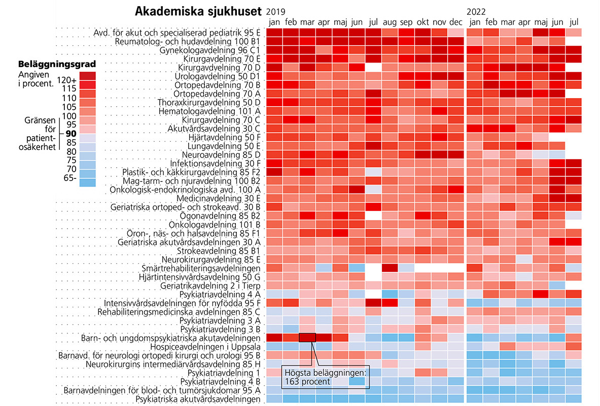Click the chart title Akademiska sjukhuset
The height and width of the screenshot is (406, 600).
point(199,11)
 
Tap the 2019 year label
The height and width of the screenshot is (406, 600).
point(276,11)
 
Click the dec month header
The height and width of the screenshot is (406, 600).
point(455,22)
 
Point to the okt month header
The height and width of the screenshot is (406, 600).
point(422,22)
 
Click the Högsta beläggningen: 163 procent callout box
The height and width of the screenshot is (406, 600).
point(326,377)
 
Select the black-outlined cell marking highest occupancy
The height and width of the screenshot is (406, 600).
point(307,337)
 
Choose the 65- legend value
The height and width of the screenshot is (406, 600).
point(69,177)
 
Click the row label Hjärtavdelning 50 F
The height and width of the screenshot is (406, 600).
point(225,137)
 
